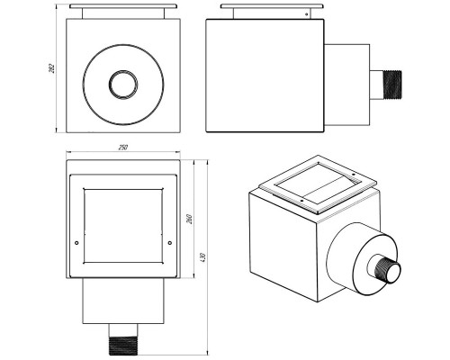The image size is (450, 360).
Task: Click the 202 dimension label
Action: click(52, 68)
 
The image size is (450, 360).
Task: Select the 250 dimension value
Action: click(123, 148)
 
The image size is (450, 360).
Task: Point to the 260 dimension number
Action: click(189, 219)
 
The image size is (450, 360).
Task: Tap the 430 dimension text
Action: click(202, 257)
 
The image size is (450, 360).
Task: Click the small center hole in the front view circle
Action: click(123, 85)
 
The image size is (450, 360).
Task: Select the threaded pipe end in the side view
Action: click(392, 85)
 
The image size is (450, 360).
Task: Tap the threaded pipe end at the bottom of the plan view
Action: click(123, 346)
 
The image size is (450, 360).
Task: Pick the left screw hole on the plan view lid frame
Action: click(76, 243)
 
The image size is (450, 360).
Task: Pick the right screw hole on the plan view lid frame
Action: click(170, 243)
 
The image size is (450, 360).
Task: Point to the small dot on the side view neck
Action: click(306, 13)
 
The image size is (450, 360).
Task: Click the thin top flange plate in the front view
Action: click(123, 6)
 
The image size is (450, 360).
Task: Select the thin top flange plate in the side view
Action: click(272, 6)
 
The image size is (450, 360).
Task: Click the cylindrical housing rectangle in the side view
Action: click(346, 85)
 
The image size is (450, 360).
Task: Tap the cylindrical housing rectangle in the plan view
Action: click(123, 301)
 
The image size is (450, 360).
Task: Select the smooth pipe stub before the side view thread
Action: click(377, 85)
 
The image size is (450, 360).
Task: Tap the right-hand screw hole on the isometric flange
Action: click(354, 174)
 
